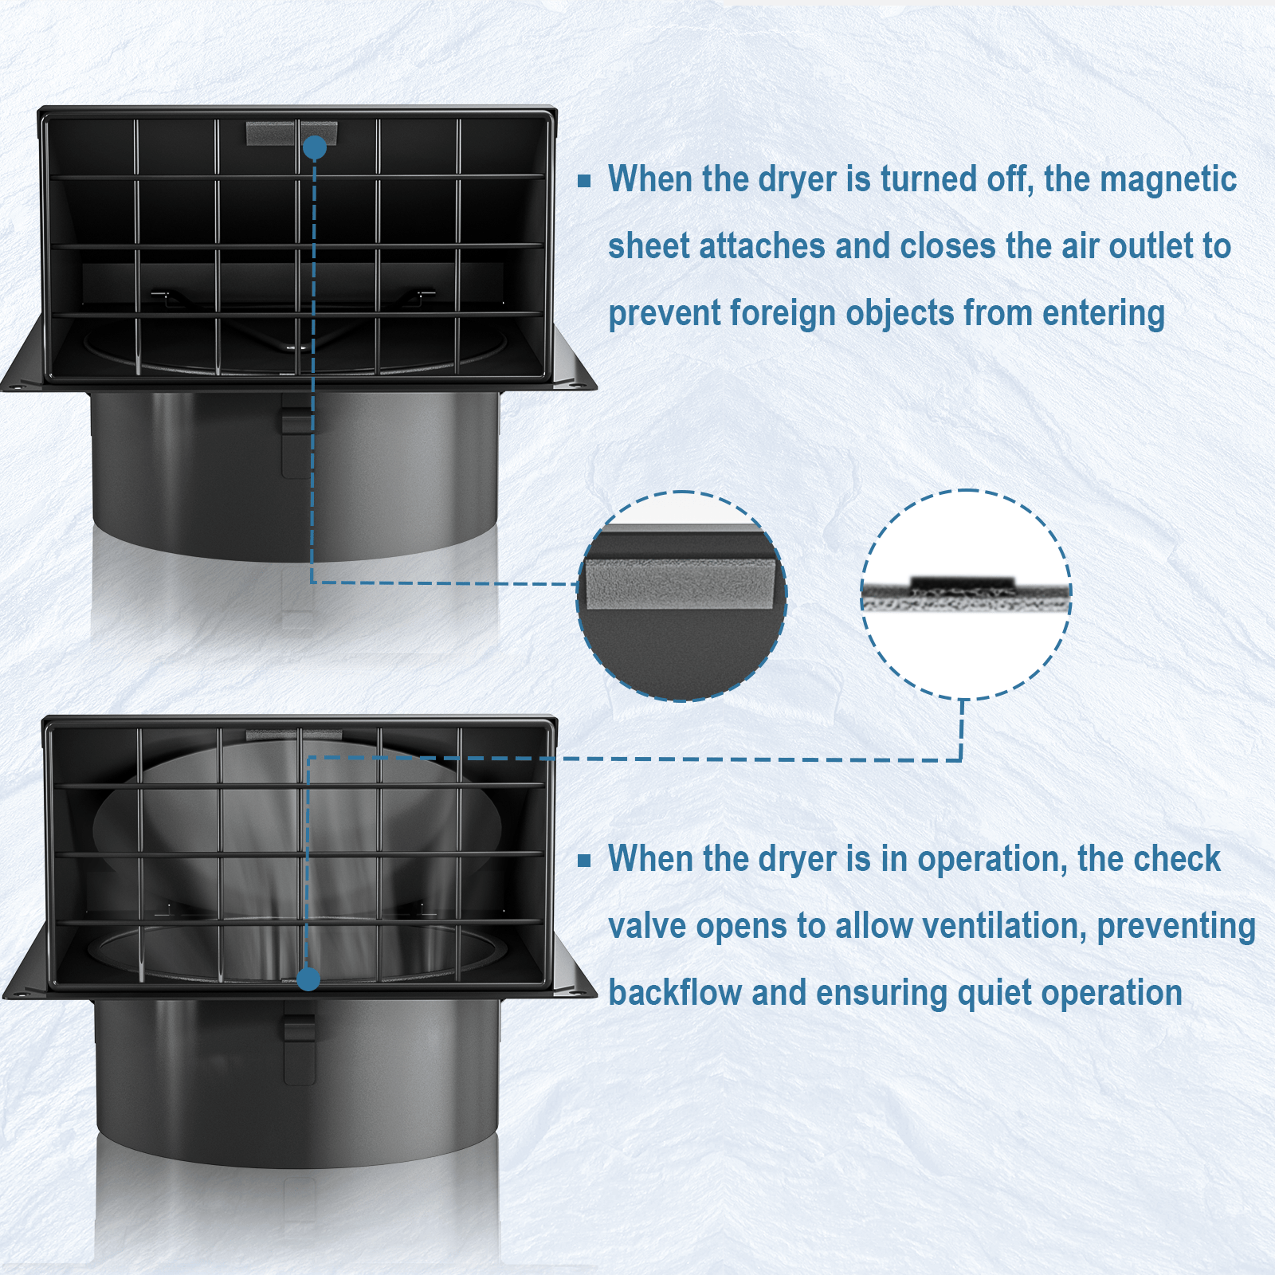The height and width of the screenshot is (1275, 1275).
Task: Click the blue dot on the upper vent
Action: (315, 147)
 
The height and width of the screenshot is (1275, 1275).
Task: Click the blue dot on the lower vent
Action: (308, 979)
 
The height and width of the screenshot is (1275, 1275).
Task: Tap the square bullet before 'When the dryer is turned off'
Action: (584, 181)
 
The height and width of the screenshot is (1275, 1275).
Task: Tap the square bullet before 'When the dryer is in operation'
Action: (584, 861)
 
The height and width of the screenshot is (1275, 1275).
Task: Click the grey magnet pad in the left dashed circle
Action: (680, 583)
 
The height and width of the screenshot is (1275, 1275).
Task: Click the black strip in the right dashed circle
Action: (963, 582)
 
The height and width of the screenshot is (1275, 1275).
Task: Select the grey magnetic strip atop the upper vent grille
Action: (291, 133)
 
